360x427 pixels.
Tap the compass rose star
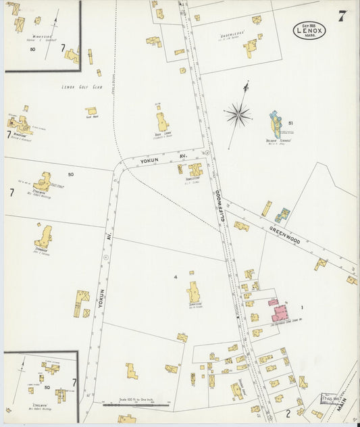click(x=238, y=114)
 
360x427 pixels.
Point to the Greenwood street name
click(x=284, y=236)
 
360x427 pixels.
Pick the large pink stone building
click(x=280, y=312)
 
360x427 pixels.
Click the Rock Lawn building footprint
click(x=162, y=122)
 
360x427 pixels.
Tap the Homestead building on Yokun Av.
click(x=195, y=170)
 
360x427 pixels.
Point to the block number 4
click(x=175, y=277)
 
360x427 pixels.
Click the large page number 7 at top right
click(x=342, y=17)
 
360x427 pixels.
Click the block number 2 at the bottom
click(x=287, y=411)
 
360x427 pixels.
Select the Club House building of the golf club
click(x=91, y=111)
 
